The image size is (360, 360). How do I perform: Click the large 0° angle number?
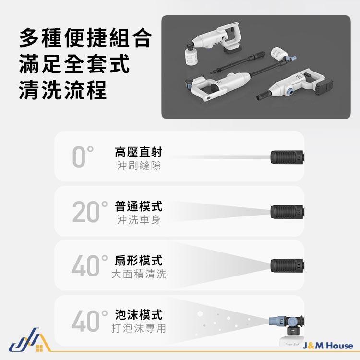82,157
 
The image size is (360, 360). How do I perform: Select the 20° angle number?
90,212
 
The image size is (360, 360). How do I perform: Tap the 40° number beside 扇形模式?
90,266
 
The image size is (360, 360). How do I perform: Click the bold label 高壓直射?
139,152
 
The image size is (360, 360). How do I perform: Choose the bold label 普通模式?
139,206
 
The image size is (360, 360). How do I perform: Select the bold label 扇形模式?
139,261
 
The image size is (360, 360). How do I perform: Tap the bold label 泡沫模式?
139,315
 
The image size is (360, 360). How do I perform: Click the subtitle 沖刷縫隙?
139,166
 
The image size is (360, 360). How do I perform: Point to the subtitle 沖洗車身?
139,220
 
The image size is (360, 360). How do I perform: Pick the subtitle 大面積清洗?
139,275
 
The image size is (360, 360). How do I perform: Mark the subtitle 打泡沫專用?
139,329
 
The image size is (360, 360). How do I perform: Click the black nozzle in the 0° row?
288,156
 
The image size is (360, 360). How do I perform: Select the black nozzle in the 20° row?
288,211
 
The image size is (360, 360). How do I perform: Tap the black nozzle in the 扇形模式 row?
288,265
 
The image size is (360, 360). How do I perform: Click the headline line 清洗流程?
63,90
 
